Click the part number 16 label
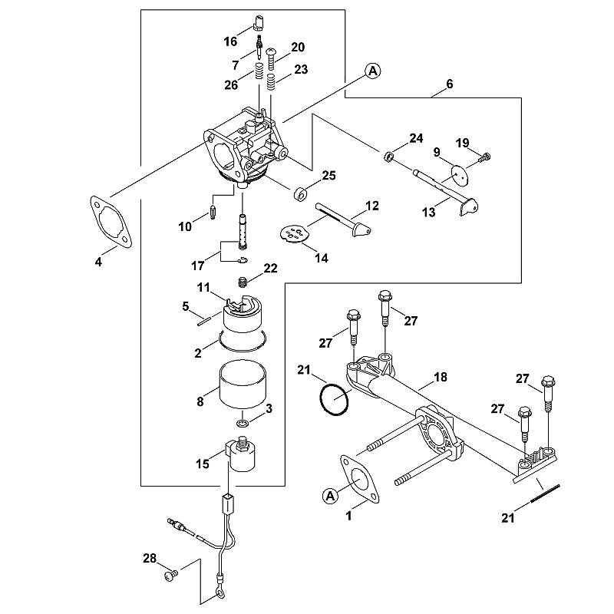click(230, 41)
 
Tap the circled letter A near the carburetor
click(372, 71)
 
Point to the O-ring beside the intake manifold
click(334, 399)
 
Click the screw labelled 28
click(170, 575)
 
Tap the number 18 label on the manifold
click(440, 377)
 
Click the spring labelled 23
click(271, 82)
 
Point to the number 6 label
click(449, 84)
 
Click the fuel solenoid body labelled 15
click(242, 454)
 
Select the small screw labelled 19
click(486, 157)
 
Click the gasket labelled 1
click(360, 479)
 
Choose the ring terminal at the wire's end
click(220, 596)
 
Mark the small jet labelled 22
click(243, 282)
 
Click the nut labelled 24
click(388, 157)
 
